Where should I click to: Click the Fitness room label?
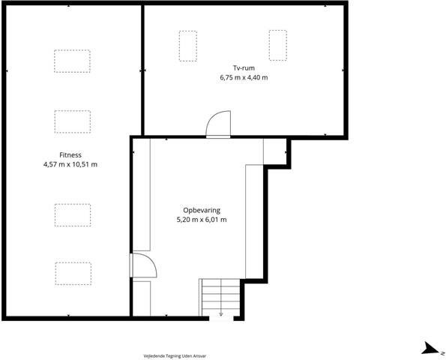(70, 155)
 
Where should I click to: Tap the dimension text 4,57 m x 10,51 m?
(70, 164)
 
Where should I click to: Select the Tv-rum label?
(244, 68)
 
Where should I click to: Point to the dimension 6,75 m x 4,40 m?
(244, 77)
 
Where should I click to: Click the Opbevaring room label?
(202, 210)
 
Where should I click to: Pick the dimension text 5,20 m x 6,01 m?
(202, 220)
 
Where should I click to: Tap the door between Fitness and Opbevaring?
(144, 265)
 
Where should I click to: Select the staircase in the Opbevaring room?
(220, 298)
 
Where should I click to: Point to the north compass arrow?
(430, 349)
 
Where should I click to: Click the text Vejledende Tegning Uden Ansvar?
(175, 355)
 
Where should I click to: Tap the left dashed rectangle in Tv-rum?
(187, 46)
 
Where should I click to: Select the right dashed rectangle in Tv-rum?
(278, 45)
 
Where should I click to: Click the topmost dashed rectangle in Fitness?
(72, 61)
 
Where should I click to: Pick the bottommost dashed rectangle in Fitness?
(73, 274)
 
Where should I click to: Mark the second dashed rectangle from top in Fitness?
(73, 121)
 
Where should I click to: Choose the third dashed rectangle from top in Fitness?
(73, 214)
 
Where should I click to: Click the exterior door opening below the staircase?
(221, 319)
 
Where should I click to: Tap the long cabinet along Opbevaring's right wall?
(254, 221)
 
